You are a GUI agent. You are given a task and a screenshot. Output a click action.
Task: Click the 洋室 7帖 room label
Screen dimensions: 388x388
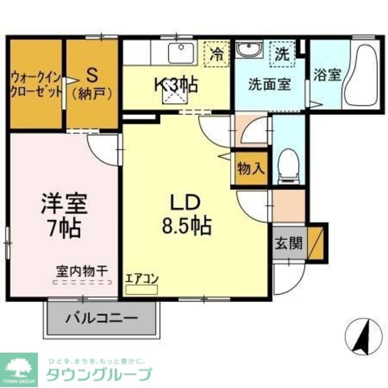64,217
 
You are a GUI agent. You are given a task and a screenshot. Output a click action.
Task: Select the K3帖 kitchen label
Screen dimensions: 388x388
177,85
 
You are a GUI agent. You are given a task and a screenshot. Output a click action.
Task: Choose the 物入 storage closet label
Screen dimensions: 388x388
251,168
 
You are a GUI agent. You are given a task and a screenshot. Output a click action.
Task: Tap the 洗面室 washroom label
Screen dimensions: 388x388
270,84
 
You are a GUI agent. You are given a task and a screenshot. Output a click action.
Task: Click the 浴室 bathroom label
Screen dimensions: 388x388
327,75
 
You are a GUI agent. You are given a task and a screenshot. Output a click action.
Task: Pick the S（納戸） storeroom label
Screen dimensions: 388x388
92,83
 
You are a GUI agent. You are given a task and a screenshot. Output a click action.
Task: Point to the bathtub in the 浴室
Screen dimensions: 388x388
362,76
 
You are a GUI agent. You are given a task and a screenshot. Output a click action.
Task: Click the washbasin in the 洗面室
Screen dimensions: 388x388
249,49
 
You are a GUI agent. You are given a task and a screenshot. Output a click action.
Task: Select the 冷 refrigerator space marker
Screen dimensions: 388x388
217,54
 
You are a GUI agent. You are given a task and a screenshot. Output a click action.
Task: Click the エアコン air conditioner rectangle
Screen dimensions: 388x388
142,289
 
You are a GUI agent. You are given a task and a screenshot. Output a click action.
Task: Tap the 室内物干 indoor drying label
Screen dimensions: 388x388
81,270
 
